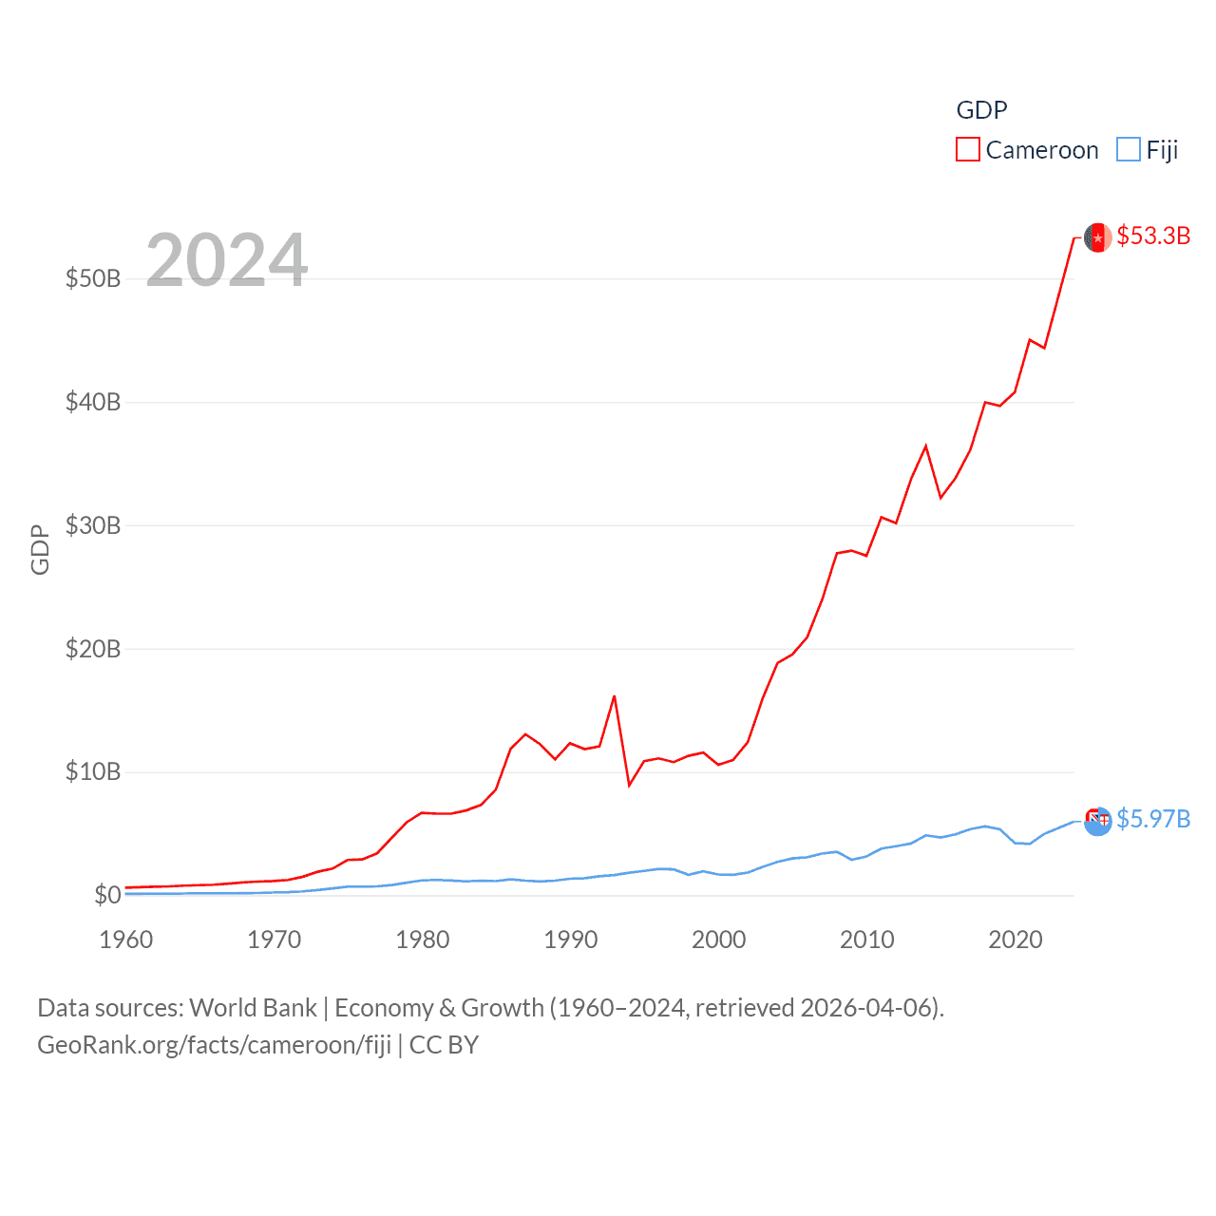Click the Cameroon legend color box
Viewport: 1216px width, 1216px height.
[x=967, y=150]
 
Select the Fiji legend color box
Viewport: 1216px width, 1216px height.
[x=1128, y=150]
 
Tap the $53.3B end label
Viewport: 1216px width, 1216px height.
[x=1153, y=236]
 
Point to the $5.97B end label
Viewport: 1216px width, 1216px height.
[x=1153, y=819]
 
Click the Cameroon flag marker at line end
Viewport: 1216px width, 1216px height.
[x=1098, y=237]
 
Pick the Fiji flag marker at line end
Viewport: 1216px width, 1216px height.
[x=1098, y=821]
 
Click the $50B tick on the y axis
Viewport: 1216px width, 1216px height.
[x=93, y=278]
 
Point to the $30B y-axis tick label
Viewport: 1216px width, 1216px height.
[x=93, y=525]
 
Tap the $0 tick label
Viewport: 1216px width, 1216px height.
[x=107, y=895]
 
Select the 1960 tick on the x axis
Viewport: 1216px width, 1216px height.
[x=126, y=940]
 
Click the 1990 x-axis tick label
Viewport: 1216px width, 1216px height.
[x=571, y=940]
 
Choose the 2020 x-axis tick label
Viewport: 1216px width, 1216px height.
[x=1016, y=940]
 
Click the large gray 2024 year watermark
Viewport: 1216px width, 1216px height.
[x=227, y=259]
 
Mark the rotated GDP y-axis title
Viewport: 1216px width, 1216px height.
[x=40, y=549]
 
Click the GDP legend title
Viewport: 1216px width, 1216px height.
[x=981, y=110]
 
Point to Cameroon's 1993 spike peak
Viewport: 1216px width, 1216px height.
[x=615, y=696]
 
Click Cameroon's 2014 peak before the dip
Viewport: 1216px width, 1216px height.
[x=925, y=446]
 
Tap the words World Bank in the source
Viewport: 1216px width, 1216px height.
[x=253, y=1008]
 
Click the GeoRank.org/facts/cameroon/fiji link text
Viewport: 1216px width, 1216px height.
[x=214, y=1045]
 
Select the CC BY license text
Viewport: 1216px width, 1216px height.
[x=444, y=1045]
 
